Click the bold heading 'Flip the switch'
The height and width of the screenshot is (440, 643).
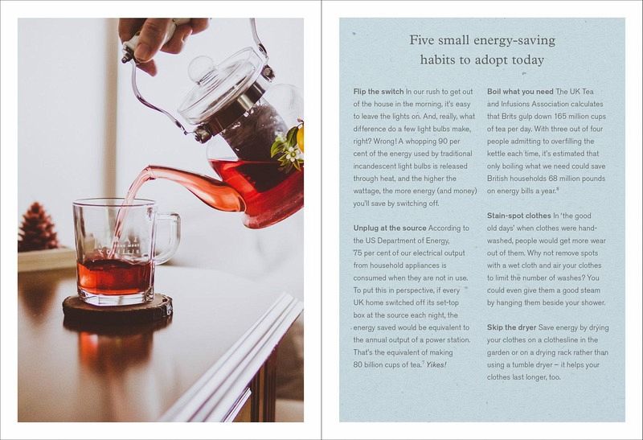coord(378,92)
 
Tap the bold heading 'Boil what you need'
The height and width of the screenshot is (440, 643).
coord(520,92)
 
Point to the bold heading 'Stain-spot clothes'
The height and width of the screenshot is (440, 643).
coord(518,216)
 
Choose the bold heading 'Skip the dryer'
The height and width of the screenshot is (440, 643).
coord(511,327)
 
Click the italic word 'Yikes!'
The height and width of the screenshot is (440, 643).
coord(436,364)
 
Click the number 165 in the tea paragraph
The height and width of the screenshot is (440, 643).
coord(560,116)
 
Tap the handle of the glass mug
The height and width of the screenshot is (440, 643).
coord(168,238)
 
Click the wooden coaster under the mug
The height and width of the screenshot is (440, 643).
coord(117,307)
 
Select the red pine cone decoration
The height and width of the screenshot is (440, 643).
coord(37,227)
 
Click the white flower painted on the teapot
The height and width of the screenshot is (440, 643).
coord(293,155)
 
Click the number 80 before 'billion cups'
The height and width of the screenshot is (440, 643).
coord(358,364)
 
